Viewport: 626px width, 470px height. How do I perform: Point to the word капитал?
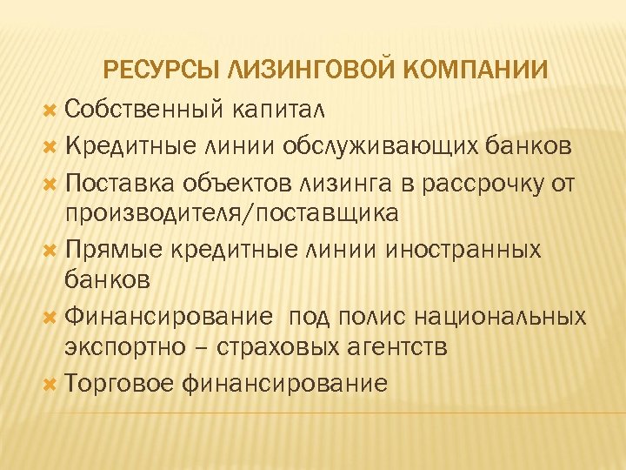tap(278, 109)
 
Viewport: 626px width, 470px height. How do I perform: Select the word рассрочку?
tap(466, 182)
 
